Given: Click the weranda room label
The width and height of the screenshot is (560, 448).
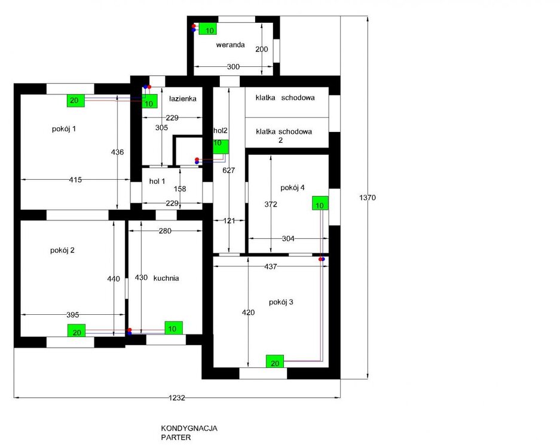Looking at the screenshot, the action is pyautogui.click(x=230, y=45).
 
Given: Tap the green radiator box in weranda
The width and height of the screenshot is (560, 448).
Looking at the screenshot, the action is pyautogui.click(x=208, y=29).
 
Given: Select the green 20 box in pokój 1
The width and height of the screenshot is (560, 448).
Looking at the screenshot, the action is pyautogui.click(x=76, y=101).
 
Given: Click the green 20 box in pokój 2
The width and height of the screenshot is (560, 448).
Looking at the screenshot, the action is pyautogui.click(x=76, y=330).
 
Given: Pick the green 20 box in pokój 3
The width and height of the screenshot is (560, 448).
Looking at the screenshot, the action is pyautogui.click(x=275, y=361).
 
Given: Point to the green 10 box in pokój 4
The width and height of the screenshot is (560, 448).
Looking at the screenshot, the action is pyautogui.click(x=320, y=203).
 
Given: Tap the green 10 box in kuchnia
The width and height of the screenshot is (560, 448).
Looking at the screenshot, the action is pyautogui.click(x=173, y=328).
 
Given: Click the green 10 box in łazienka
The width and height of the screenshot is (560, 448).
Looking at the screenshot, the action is pyautogui.click(x=149, y=101).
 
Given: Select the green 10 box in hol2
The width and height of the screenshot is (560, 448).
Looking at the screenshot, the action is pyautogui.click(x=221, y=147).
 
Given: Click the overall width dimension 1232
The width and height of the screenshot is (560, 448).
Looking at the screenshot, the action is pyautogui.click(x=177, y=398).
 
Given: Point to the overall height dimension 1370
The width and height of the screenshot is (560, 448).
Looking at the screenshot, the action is pyautogui.click(x=368, y=197).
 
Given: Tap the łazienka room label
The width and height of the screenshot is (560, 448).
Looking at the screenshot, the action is pyautogui.click(x=182, y=99).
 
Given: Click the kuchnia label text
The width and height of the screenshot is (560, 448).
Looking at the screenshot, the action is pyautogui.click(x=166, y=278).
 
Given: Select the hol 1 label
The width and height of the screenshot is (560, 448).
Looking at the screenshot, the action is pyautogui.click(x=157, y=182).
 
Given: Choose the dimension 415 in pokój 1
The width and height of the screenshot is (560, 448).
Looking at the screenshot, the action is pyautogui.click(x=75, y=180).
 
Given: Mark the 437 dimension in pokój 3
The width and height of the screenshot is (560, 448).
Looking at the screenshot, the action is pyautogui.click(x=270, y=266).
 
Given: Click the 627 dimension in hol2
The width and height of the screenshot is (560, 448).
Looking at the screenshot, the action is pyautogui.click(x=228, y=170).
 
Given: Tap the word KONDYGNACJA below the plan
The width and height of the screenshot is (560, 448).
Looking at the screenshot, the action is pyautogui.click(x=189, y=428).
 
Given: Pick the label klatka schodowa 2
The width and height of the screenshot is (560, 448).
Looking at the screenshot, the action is pyautogui.click(x=284, y=136).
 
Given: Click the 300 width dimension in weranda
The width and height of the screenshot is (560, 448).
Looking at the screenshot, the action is pyautogui.click(x=233, y=67).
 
